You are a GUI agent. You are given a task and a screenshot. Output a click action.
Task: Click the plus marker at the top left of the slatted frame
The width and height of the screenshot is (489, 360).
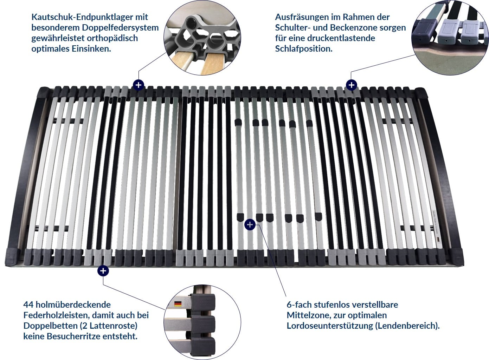click(x=139, y=85)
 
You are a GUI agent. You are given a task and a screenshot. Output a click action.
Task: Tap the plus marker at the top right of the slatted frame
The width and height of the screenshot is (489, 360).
click(x=352, y=85)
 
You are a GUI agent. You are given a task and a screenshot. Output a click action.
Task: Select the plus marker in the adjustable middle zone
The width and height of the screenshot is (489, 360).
click(x=250, y=224)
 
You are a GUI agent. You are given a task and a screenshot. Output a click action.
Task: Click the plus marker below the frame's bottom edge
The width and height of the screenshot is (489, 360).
click(x=103, y=271)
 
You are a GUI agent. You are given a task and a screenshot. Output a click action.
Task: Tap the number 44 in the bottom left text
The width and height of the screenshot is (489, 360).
click(x=28, y=305)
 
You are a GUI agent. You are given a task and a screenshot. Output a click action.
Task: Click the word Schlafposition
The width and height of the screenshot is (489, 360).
click(x=303, y=48)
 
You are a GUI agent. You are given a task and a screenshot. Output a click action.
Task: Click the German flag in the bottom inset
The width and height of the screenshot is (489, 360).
click(x=178, y=304)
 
